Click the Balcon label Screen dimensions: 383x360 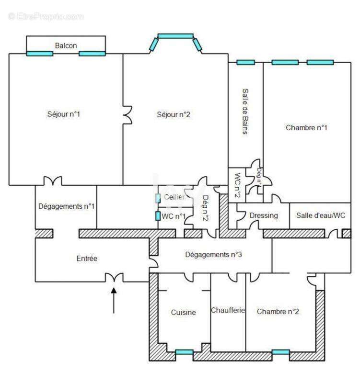pyautogui.click(x=66, y=45)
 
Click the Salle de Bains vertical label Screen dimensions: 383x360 pyautogui.click(x=245, y=111)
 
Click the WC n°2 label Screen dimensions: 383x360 pyautogui.click(x=236, y=185)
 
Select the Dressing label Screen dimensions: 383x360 pyautogui.click(x=264, y=215)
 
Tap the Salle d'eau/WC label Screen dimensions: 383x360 pyautogui.click(x=320, y=215)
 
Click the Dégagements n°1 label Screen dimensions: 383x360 pyautogui.click(x=66, y=206)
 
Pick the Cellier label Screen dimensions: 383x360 pyautogui.click(x=174, y=197)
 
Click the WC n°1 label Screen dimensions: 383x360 pyautogui.click(x=174, y=216)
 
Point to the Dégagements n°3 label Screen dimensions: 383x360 pyautogui.click(x=213, y=255)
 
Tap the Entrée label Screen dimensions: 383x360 pyautogui.click(x=87, y=259)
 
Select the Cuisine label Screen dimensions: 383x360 pyautogui.click(x=183, y=312)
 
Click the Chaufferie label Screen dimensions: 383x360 pyautogui.click(x=228, y=310)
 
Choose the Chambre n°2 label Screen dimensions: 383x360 pyautogui.click(x=278, y=311)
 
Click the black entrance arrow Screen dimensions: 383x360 pyautogui.click(x=114, y=301)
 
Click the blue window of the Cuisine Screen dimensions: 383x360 pyautogui.click(x=184, y=352)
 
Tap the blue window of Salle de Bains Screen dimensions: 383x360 pyautogui.click(x=245, y=62)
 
